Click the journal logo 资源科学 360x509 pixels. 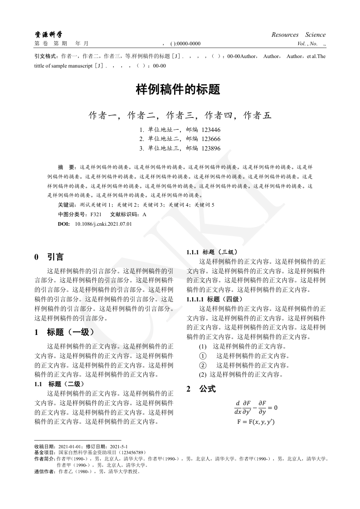49,34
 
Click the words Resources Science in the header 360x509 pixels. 298,35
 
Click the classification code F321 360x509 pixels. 96,214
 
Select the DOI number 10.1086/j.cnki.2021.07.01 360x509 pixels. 103,224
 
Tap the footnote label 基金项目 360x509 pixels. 46,452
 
